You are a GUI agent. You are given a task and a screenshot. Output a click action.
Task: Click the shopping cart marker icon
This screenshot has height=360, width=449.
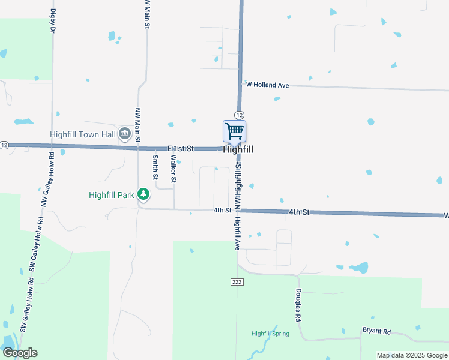click(234, 131)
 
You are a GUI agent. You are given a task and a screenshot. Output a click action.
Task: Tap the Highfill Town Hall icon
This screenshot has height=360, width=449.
click(125, 133)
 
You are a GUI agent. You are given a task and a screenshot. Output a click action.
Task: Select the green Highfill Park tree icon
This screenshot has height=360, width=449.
click(143, 194)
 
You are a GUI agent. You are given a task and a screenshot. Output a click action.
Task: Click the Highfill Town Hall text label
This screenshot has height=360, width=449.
click(82, 134)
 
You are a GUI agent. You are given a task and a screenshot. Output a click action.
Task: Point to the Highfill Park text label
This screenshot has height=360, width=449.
click(111, 195)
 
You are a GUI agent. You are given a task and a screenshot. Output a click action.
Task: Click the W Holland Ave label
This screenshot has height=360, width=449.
click(267, 85)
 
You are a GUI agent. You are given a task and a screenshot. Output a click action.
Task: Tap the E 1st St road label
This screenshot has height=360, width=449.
click(181, 148)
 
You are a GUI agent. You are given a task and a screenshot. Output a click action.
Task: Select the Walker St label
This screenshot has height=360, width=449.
click(174, 169)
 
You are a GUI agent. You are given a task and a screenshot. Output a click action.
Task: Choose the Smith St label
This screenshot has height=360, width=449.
click(155, 168)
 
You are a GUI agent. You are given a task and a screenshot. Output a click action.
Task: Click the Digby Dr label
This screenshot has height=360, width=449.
click(53, 20)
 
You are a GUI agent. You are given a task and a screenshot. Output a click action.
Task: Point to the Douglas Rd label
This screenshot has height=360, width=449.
click(298, 305)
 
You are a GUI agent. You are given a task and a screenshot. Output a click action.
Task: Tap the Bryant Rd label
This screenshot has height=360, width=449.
click(376, 331)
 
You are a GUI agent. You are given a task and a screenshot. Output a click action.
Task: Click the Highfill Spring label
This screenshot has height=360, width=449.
click(270, 334)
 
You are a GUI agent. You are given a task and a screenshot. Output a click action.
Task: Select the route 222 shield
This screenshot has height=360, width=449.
click(236, 281)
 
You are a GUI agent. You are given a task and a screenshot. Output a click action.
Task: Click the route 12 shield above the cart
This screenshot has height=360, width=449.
click(239, 115)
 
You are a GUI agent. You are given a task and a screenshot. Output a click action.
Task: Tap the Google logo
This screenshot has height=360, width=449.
click(20, 353)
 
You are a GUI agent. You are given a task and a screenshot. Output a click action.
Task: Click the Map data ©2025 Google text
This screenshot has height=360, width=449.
click(411, 355)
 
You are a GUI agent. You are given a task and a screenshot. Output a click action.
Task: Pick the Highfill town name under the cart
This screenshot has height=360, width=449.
click(238, 149)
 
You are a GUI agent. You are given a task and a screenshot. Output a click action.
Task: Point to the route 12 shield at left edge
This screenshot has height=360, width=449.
click(4, 145)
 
